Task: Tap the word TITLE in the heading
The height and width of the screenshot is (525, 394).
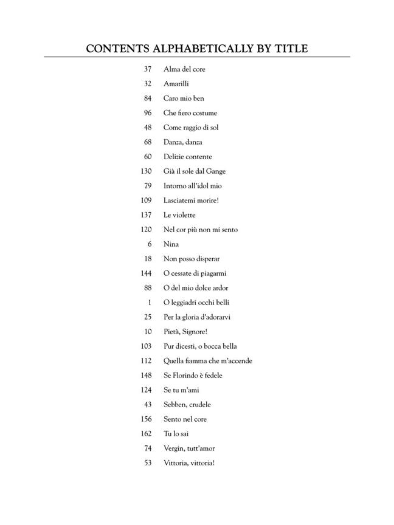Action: coord(289,49)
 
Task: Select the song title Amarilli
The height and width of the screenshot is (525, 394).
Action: coord(176,84)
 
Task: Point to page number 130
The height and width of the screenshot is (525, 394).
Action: coord(146,171)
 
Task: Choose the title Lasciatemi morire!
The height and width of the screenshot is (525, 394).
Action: coord(191,201)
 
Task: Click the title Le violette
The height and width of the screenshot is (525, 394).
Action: coord(179,215)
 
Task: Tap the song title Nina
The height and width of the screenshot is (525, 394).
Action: coord(171,244)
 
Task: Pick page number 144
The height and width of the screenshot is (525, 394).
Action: coord(146,273)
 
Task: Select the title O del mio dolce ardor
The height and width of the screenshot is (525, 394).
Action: coord(196,288)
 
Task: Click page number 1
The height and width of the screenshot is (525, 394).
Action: coord(150,303)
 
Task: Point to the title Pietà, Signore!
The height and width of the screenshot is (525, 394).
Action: coord(185,332)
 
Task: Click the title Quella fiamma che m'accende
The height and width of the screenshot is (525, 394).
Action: coord(208,361)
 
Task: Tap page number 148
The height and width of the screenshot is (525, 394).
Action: coord(146,376)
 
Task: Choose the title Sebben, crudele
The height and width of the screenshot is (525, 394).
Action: coord(187,405)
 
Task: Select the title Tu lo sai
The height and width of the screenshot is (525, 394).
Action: coord(176,434)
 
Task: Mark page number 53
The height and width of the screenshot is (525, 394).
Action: coord(148,463)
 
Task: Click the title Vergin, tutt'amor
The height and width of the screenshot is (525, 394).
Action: coord(189,448)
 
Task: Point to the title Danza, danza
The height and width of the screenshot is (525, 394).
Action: coord(183,142)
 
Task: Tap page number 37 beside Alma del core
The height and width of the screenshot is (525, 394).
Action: coord(148,69)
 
